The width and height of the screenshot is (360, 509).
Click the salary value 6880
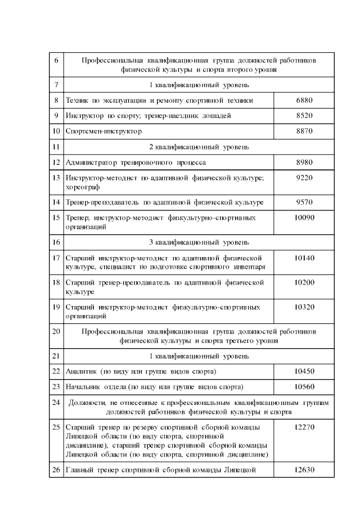304,100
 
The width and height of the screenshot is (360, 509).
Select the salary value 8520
304,115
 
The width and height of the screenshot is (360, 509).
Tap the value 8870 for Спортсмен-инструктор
304,130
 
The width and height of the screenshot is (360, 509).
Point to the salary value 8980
304,162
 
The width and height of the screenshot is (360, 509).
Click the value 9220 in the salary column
304,178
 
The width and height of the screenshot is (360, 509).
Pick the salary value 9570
304,201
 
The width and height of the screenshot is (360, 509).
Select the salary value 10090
304,217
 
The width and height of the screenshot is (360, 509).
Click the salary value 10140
304,258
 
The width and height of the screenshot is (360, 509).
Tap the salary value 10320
304,307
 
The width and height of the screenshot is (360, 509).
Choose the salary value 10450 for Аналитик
304,371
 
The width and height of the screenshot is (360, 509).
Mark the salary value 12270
304,427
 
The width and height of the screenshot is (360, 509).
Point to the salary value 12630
304,470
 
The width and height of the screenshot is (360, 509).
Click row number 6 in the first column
56,60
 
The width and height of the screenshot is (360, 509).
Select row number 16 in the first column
56,242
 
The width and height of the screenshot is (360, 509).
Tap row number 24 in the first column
56,402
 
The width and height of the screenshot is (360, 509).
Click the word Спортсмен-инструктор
103,130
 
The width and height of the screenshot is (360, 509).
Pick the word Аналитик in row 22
82,371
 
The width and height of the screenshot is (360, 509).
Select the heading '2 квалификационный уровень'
199,147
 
